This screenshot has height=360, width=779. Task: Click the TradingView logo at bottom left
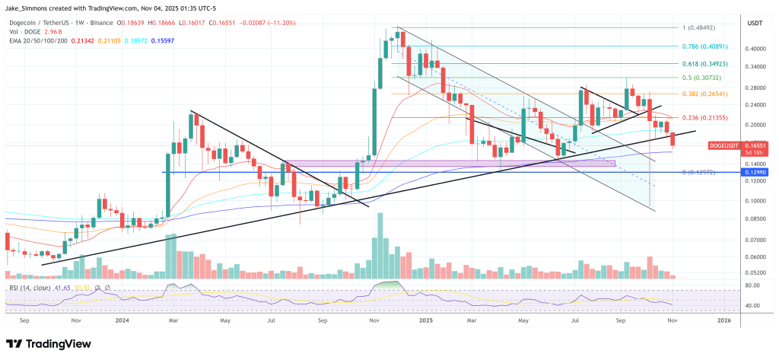[x=48, y=343]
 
